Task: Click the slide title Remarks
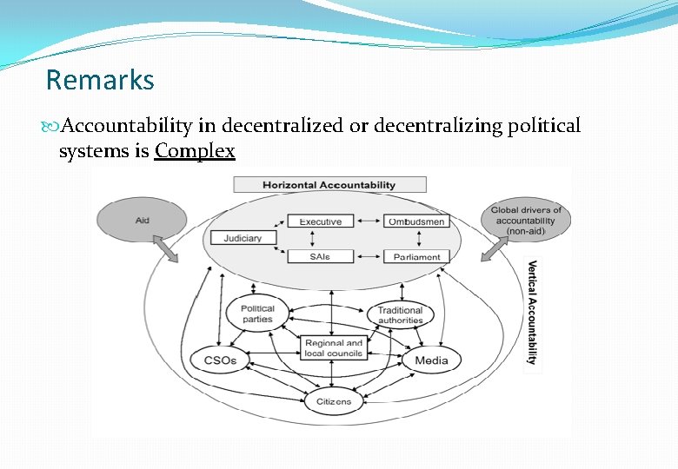(100, 81)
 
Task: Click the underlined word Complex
(195, 151)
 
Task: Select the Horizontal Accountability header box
(329, 185)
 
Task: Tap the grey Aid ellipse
(142, 221)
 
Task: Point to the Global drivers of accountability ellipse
(526, 221)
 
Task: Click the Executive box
(320, 221)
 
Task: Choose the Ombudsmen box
(416, 221)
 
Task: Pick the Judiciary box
(243, 238)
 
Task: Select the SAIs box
(320, 256)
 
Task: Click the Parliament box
(416, 257)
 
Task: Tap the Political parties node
(257, 314)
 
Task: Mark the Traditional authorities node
(400, 314)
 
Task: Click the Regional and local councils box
(333, 348)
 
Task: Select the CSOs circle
(221, 360)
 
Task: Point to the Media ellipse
(432, 360)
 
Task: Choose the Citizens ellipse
(334, 401)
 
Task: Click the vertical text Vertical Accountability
(532, 313)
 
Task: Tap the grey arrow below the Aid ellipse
(166, 249)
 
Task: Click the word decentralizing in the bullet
(446, 126)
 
